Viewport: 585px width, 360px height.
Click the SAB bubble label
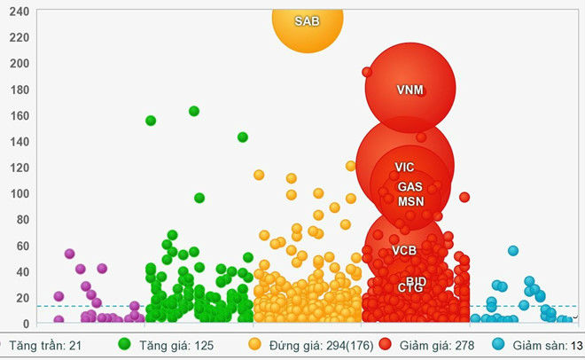(307, 20)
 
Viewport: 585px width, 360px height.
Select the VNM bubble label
(410, 90)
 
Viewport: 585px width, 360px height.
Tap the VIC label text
(404, 167)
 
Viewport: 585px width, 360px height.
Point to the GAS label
(409, 187)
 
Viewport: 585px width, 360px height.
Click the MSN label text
(410, 201)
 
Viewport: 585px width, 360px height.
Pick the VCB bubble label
(404, 251)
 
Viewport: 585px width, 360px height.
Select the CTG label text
(410, 288)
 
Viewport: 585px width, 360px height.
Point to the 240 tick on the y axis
(18, 12)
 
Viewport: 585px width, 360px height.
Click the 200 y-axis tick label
(18, 64)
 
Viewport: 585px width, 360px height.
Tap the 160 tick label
(18, 116)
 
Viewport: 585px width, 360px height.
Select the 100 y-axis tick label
(18, 194)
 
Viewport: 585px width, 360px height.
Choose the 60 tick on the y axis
(20, 246)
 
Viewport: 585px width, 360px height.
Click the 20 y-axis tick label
(20, 298)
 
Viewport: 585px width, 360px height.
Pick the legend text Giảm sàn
(537, 344)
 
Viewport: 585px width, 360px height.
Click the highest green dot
(194, 111)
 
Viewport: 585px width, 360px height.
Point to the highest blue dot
(512, 251)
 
